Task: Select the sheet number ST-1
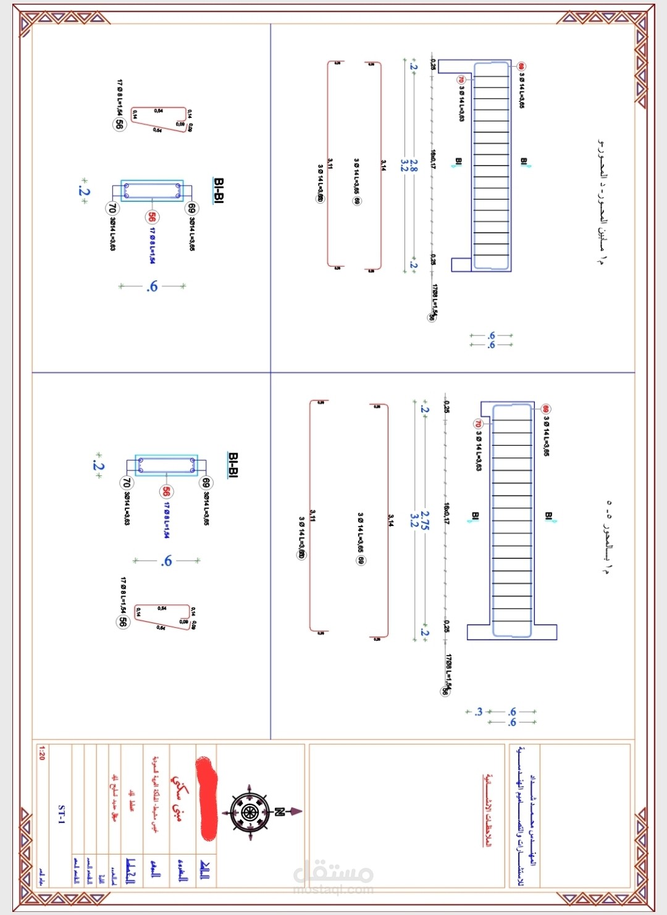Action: [x=61, y=814]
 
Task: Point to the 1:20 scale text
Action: [x=41, y=753]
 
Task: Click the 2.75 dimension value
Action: [x=425, y=520]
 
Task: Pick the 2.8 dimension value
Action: [x=414, y=165]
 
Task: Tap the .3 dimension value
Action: [x=478, y=712]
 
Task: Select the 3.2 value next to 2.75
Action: [x=414, y=520]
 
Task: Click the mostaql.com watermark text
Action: [x=333, y=889]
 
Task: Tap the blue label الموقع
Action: [x=156, y=870]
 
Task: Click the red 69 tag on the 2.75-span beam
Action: [x=546, y=409]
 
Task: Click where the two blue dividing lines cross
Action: [x=271, y=372]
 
